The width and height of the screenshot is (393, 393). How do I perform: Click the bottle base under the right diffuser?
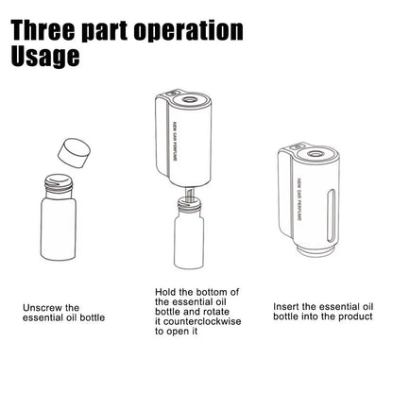click(x=311, y=248)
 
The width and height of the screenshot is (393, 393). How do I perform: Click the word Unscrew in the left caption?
click(x=46, y=308)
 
